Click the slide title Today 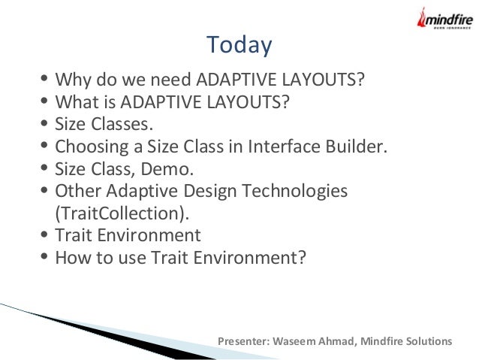point(239,45)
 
